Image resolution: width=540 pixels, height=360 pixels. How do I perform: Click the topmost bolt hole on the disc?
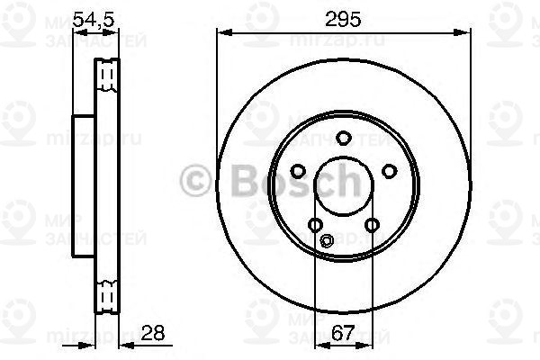[343, 138]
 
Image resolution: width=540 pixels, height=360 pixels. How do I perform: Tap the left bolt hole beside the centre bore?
[297, 171]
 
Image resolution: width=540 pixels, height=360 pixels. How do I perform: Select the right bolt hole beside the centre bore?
[389, 171]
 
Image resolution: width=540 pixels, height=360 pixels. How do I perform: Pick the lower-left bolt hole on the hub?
[315, 225]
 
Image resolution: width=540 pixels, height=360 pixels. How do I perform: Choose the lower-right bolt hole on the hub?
[372, 225]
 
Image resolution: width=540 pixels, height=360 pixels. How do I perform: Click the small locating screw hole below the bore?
[328, 240]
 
